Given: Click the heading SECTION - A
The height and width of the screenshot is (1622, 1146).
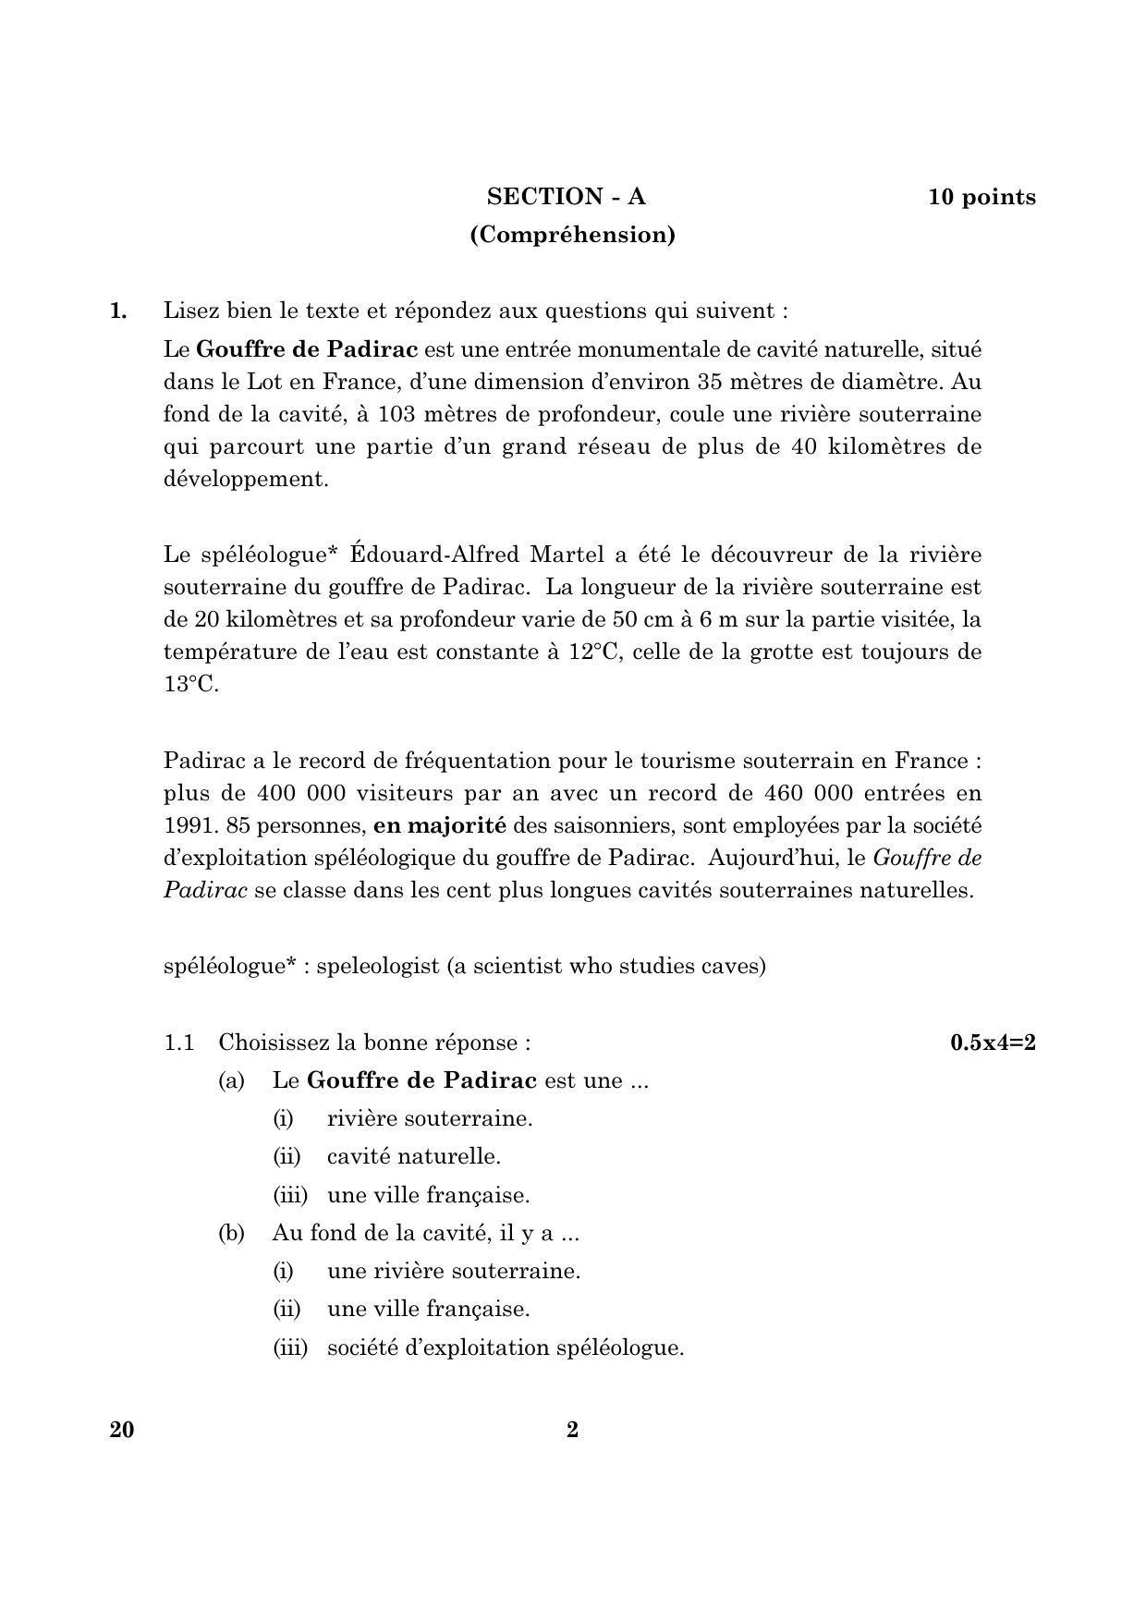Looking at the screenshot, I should (x=567, y=197).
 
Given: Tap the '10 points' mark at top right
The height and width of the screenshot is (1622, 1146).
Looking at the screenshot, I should (x=981, y=197).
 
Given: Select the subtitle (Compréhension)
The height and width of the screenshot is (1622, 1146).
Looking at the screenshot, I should (x=572, y=235).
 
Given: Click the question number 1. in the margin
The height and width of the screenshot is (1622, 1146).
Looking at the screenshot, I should (x=118, y=311).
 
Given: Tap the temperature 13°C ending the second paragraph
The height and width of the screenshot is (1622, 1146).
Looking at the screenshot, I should (x=190, y=685).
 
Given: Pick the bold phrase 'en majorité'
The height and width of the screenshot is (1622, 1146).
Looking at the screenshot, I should (x=440, y=825).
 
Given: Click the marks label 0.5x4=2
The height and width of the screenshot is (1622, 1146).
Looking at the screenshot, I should (x=993, y=1043).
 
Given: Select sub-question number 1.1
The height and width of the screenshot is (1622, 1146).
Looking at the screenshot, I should (x=179, y=1043).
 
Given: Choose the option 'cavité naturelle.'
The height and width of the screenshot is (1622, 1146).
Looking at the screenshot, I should (x=413, y=1156).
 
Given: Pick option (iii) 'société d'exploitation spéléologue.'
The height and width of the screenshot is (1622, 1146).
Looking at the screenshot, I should (x=505, y=1348).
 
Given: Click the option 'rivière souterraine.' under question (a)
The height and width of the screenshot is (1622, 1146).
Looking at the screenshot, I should (x=430, y=1118).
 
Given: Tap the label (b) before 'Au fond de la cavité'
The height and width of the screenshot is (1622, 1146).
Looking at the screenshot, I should (x=231, y=1233).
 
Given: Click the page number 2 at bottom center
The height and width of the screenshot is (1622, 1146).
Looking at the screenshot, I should (x=572, y=1430).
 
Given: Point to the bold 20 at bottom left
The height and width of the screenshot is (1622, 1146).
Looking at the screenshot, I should (x=121, y=1430).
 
